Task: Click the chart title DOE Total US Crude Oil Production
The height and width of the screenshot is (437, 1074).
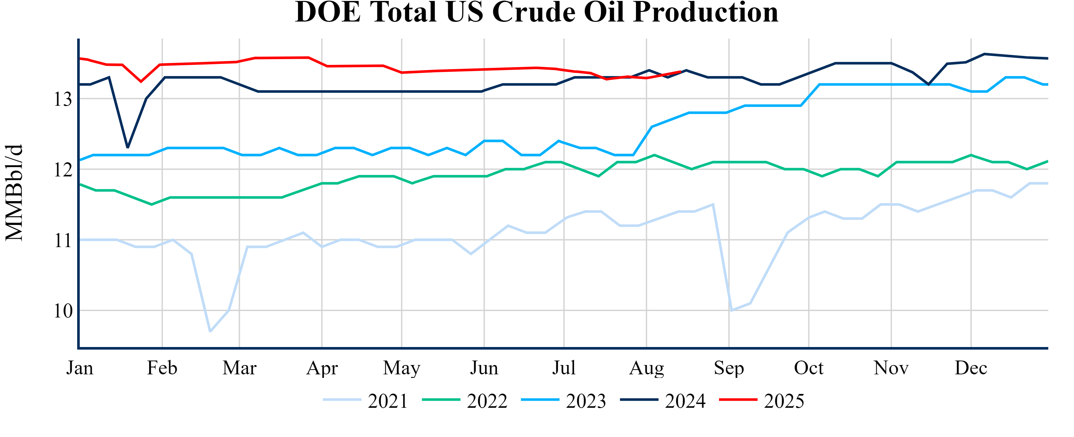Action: pos(537,13)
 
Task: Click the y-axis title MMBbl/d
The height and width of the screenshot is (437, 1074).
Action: pos(14,193)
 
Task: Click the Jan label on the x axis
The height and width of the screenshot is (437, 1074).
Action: pos(80,368)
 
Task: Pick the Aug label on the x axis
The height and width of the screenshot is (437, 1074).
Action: pos(646,368)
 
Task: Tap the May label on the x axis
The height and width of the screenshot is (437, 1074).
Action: pos(402,368)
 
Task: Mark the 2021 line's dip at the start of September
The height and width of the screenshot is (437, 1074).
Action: pos(731,310)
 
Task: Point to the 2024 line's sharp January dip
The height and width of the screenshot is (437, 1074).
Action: pos(128,147)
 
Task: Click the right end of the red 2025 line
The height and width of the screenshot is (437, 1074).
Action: pos(680,72)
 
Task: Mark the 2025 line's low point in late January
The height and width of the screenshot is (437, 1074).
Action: pos(141,81)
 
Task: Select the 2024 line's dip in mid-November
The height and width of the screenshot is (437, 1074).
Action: pos(928,85)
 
